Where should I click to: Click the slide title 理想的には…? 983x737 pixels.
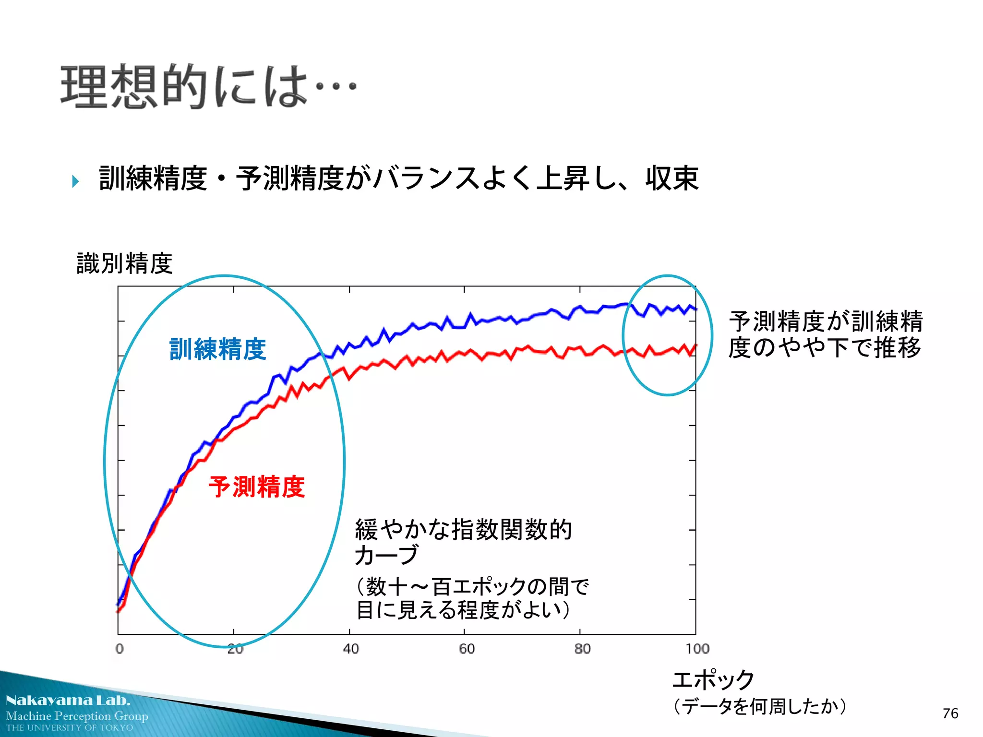(x=207, y=86)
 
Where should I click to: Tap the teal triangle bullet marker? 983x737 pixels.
(x=75, y=181)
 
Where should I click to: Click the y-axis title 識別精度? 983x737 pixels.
(x=124, y=263)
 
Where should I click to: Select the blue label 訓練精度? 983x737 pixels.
(x=218, y=349)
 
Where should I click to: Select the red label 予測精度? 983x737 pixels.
(x=257, y=487)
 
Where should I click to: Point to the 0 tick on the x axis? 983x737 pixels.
(x=120, y=649)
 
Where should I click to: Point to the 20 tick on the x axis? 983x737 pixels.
(x=235, y=649)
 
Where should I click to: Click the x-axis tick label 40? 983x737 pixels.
(x=351, y=649)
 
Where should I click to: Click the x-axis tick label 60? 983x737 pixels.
(x=467, y=649)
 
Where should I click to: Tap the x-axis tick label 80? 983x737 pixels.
(x=582, y=649)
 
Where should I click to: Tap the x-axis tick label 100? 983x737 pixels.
(x=697, y=649)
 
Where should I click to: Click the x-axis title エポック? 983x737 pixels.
(x=713, y=680)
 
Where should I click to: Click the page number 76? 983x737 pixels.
(x=950, y=713)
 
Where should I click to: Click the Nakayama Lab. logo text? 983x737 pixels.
(x=68, y=700)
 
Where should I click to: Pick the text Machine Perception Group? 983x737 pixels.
(x=77, y=716)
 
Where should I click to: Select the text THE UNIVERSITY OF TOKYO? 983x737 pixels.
(x=70, y=727)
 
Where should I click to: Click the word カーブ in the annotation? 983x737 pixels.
(x=386, y=555)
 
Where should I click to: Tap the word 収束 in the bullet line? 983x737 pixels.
(x=672, y=178)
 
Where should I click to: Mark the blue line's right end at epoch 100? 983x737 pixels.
(x=695, y=309)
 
